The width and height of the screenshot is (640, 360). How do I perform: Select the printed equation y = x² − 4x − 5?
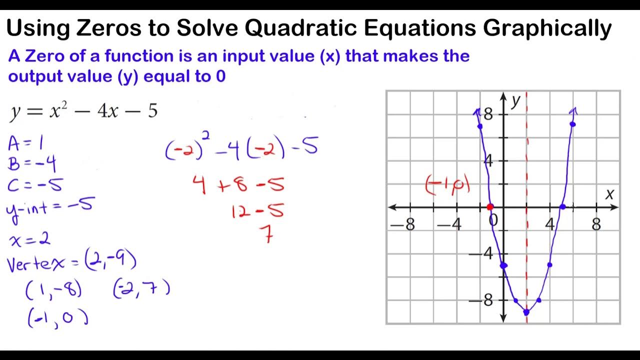[x=83, y=111]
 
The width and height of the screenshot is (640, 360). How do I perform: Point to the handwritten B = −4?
[x=31, y=164]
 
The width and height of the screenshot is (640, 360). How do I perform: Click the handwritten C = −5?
[x=35, y=185]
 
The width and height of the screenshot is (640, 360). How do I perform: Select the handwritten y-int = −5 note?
[x=49, y=206]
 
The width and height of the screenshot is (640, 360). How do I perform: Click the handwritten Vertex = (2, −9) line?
[x=71, y=262]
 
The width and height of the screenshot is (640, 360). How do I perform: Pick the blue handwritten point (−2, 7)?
[x=141, y=288]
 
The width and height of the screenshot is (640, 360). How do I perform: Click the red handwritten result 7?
[x=268, y=233]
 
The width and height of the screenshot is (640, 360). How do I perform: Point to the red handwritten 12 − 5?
[x=257, y=211]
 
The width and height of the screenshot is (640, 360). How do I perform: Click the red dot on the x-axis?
[x=490, y=207]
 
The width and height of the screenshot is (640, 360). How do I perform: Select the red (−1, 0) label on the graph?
[x=447, y=185]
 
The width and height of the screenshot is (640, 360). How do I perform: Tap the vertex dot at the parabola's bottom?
[x=526, y=312]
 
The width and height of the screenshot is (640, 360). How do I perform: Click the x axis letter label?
[x=609, y=194]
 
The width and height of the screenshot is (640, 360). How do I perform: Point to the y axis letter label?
[x=515, y=101]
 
